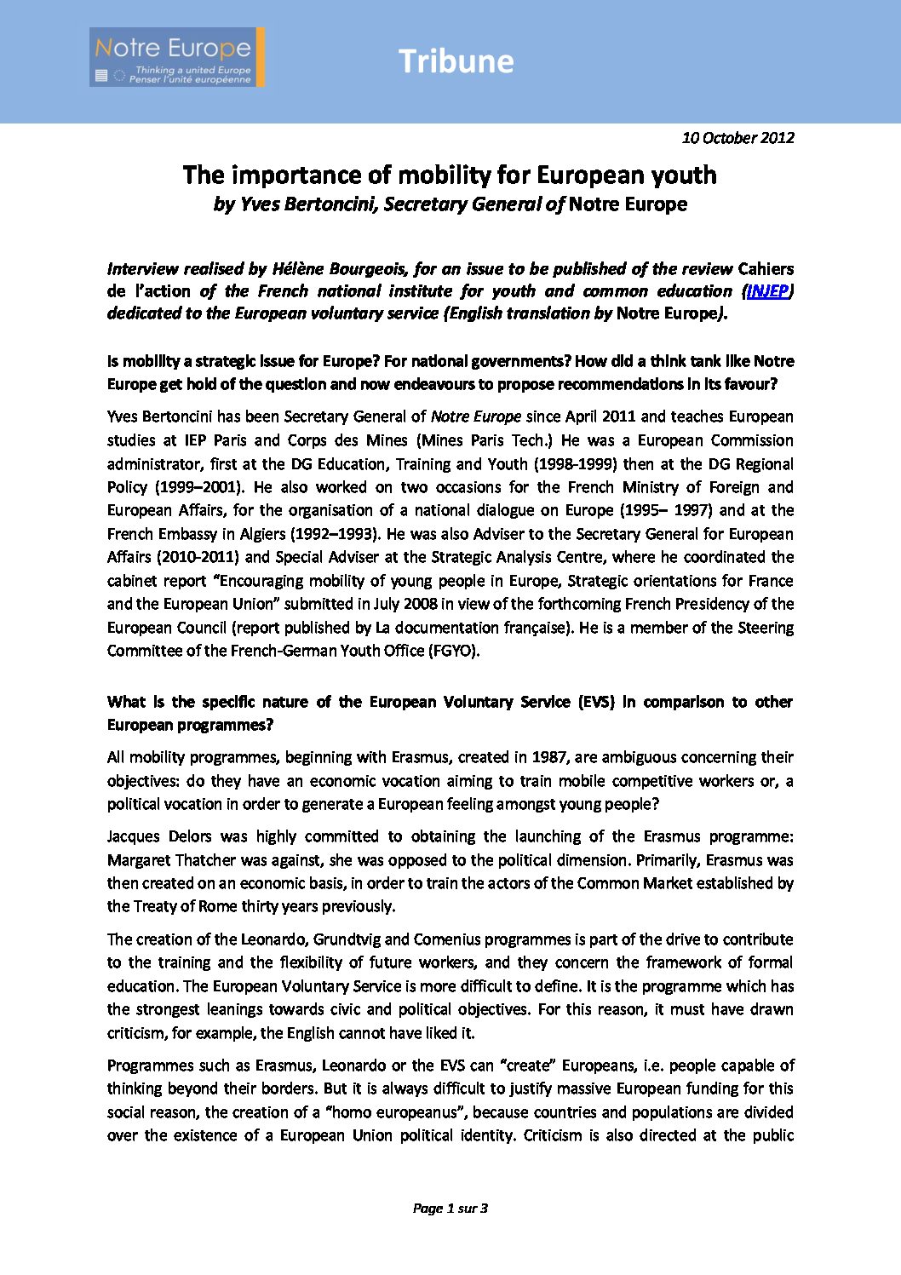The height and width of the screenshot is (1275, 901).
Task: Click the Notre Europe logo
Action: pyautogui.click(x=176, y=57)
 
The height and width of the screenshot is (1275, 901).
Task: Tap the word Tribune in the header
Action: pyautogui.click(x=456, y=61)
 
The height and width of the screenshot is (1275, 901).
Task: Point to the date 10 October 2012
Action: pyautogui.click(x=737, y=137)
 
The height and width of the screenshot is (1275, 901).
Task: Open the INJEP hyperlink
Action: pyautogui.click(x=766, y=291)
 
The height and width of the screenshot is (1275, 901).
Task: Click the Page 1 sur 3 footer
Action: pyautogui.click(x=450, y=1208)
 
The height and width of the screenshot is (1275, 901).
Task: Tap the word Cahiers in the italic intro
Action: pyautogui.click(x=766, y=269)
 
